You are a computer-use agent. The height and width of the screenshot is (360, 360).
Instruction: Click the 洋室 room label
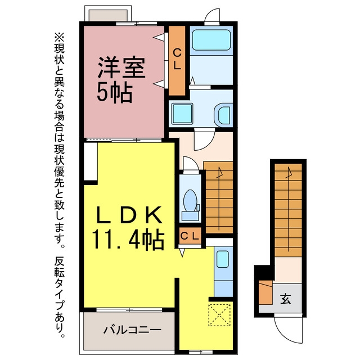click(x=121, y=67)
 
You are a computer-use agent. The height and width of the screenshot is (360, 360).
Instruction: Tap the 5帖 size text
click(x=115, y=92)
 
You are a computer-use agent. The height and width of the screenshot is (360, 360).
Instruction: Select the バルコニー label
click(x=133, y=330)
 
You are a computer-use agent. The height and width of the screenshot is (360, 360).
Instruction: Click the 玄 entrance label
click(x=286, y=299)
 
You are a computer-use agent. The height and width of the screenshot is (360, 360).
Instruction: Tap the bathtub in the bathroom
click(x=211, y=40)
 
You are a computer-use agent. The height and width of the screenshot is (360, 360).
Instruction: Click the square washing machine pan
click(x=182, y=114)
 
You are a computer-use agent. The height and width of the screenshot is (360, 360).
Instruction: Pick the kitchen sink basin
click(x=223, y=259)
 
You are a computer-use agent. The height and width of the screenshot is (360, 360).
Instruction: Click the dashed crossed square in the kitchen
click(x=219, y=315)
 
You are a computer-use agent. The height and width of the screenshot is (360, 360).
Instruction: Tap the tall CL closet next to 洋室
click(x=177, y=61)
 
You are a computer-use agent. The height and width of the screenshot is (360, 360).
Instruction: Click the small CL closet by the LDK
click(x=190, y=236)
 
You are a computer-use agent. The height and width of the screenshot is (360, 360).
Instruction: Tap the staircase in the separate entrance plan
click(x=289, y=210)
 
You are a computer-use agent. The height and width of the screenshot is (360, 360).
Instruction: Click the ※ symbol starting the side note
click(x=59, y=37)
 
